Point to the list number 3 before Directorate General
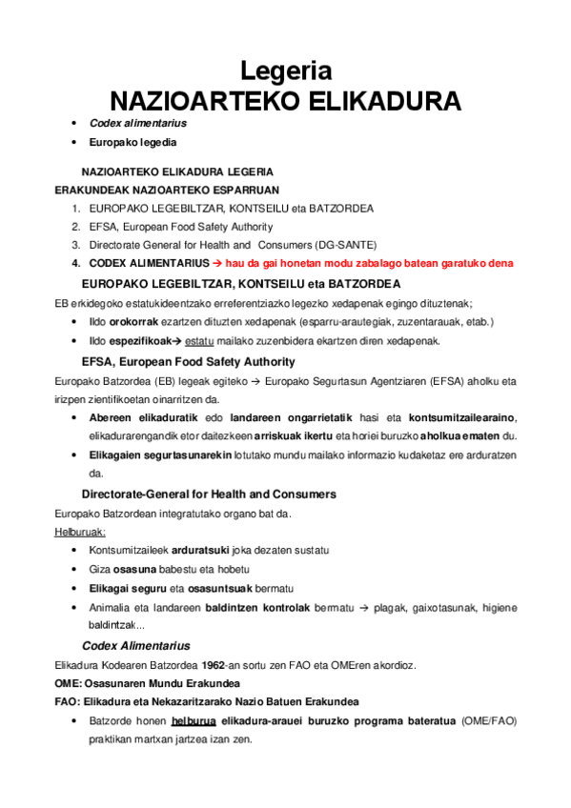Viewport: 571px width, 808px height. pyautogui.click(x=76, y=245)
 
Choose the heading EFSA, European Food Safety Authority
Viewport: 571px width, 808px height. pyautogui.click(x=188, y=362)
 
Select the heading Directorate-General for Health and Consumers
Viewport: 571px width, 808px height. pyautogui.click(x=209, y=495)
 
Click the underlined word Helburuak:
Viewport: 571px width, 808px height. pyautogui.click(x=80, y=532)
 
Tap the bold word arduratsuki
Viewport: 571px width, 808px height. pyautogui.click(x=191, y=551)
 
